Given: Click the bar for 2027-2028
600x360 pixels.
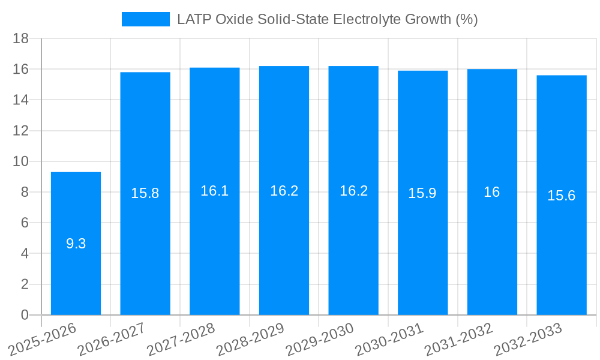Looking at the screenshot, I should pos(215,252).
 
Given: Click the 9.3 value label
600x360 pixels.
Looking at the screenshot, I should pos(76,244).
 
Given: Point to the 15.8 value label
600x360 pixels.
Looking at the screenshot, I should pos(145,193).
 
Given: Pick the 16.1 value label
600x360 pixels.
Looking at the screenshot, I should pos(215,191).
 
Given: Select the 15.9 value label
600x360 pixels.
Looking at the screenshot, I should pos(422,193).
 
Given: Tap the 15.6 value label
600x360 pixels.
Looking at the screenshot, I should pos(562,196).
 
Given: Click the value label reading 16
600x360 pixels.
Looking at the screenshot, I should pos(492,192).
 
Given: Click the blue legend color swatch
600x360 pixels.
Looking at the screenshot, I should pos(146,19).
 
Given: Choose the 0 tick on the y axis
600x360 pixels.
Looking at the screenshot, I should pos(25,315).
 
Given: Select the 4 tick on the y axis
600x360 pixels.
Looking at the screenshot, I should pos(25,253).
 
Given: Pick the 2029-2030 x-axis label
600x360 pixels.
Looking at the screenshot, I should pos(320,340).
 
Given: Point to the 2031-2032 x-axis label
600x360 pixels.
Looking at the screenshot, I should pos(459,340).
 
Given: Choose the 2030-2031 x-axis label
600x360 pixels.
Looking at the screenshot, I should pos(389,340).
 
